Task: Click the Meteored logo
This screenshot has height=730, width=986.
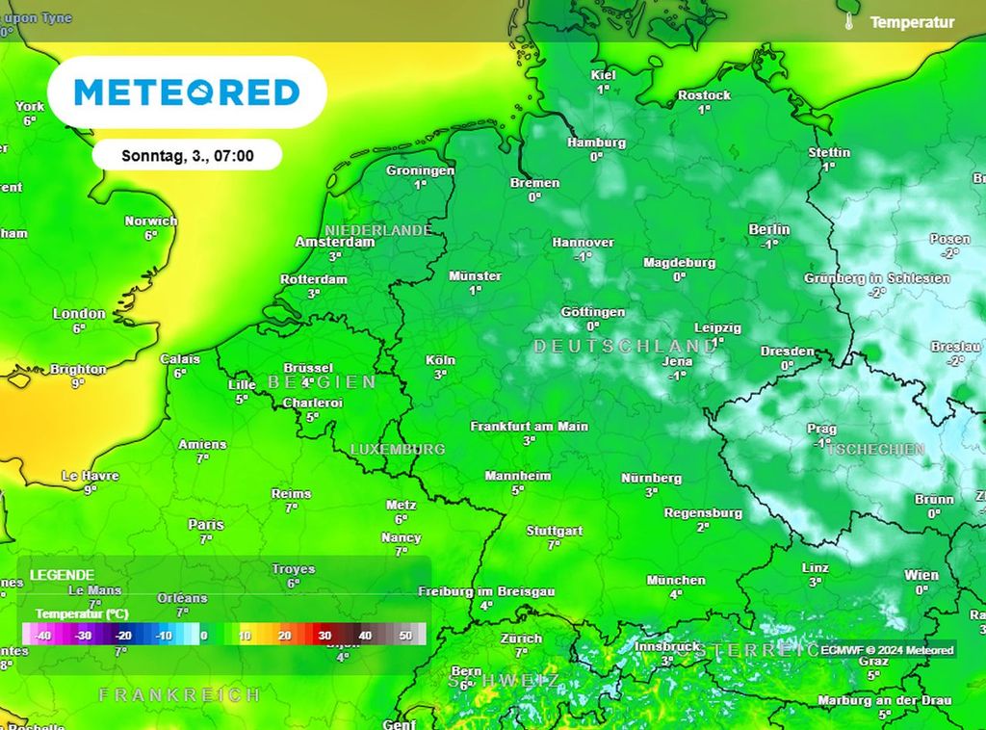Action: (x=187, y=92)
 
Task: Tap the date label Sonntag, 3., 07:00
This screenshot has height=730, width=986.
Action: (x=188, y=154)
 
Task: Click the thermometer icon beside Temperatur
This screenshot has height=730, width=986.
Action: (x=850, y=21)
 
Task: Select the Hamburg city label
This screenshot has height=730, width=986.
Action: (x=596, y=143)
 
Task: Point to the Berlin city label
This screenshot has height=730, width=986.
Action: (x=769, y=229)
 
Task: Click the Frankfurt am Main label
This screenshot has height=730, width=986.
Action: (x=529, y=426)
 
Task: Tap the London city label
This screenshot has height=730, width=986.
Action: (x=79, y=313)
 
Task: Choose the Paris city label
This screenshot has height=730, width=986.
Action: (x=206, y=525)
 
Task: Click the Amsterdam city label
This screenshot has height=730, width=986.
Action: (x=334, y=243)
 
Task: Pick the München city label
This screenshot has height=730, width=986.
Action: (x=676, y=580)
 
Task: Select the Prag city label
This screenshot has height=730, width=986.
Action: (x=821, y=430)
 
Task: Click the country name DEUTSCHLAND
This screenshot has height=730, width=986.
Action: (x=625, y=346)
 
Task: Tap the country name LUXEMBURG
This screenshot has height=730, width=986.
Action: (x=398, y=450)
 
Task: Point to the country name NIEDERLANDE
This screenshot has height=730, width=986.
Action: (x=378, y=230)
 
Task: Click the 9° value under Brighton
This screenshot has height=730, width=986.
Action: (x=79, y=382)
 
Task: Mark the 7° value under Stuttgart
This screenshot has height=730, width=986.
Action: (x=554, y=545)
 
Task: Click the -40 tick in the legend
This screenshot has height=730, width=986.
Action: (x=42, y=636)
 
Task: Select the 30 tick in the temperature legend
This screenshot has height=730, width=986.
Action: (x=324, y=636)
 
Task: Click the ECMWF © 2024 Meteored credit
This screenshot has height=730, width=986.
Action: (x=888, y=650)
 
